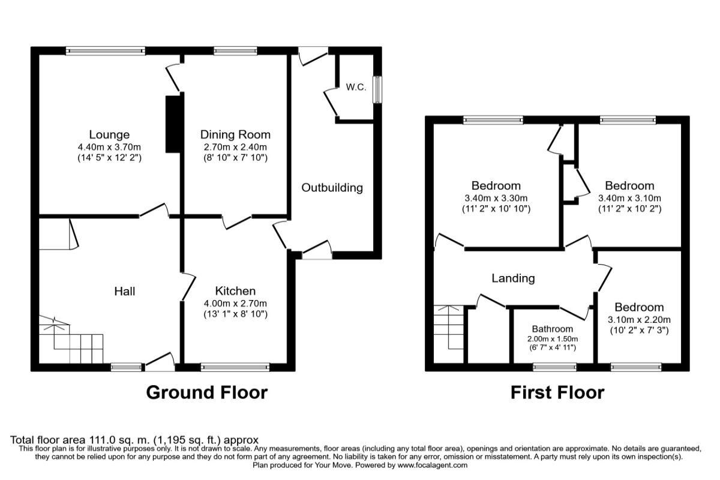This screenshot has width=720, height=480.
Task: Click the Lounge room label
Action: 109,134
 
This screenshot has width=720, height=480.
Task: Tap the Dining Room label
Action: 235,134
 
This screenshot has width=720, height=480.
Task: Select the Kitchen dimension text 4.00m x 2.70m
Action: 236,303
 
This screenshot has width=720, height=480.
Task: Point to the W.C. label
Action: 356,88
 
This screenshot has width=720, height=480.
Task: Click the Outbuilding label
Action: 332,188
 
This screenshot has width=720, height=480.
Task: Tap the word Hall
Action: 125,292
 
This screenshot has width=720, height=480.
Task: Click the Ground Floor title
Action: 207,393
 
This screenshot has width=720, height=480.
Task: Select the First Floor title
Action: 557,393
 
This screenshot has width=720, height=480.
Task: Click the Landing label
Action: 513,278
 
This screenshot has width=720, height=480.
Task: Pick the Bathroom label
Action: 552,329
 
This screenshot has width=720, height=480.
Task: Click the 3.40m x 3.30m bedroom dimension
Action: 496,198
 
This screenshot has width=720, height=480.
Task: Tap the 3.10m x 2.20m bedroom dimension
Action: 639,319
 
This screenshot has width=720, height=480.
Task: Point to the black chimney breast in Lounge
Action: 173,124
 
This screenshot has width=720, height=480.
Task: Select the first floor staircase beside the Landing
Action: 449,333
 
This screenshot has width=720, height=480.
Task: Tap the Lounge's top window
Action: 106,52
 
